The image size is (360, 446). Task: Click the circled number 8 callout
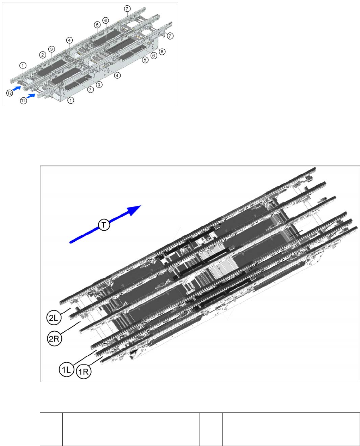tap(162, 52)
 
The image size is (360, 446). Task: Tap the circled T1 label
tap(23, 101)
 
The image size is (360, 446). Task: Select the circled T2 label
tap(10, 93)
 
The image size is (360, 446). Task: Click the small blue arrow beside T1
tap(31, 96)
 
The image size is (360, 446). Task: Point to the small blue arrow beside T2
tap(17, 88)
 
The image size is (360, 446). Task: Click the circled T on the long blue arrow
tap(104, 225)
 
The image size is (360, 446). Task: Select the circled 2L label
tap(54, 318)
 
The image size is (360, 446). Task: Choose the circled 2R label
tap(54, 339)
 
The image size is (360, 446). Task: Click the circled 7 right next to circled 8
tap(170, 36)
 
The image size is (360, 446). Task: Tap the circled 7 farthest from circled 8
tap(127, 8)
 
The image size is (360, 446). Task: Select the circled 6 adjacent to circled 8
tap(153, 55)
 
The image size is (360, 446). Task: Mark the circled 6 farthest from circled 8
tap(105, 20)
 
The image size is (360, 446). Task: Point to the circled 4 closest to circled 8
tap(117, 76)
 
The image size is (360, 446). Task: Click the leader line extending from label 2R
tap(71, 328)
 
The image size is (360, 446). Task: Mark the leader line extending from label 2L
tap(66, 311)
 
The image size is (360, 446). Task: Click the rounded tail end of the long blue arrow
tap(71, 242)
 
